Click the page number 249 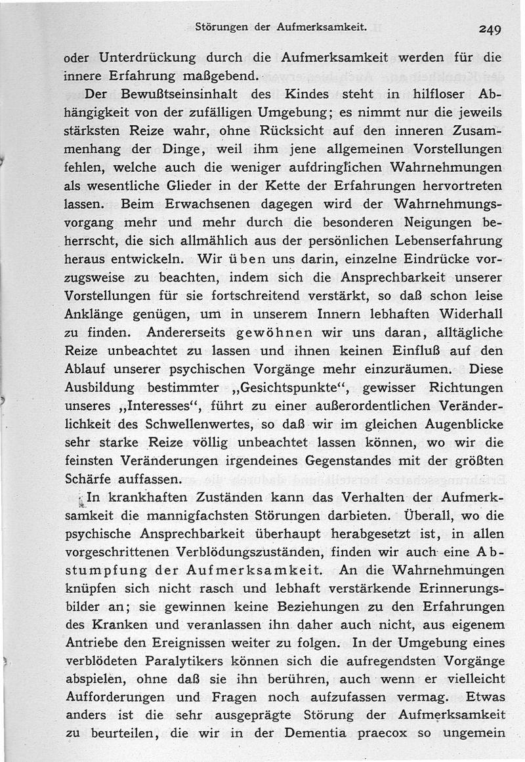pyautogui.click(x=490, y=30)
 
